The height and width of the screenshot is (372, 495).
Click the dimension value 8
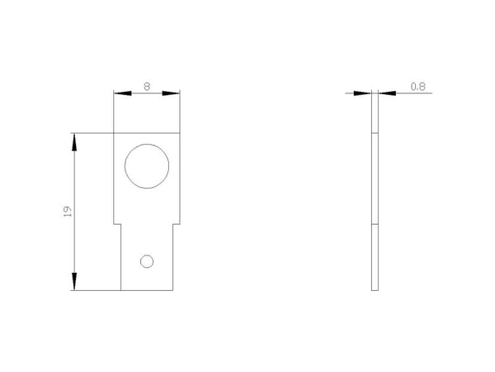point(147,86)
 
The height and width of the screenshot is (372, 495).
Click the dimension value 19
point(68,212)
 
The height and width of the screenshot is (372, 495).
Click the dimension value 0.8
point(418,86)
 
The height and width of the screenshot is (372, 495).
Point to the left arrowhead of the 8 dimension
point(122,93)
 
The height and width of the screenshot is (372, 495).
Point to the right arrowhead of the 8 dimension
point(171,93)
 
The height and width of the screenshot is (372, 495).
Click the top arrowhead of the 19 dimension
point(74,142)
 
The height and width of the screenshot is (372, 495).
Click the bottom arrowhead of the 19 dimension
point(74,281)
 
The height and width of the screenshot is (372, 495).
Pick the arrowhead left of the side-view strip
point(362,93)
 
